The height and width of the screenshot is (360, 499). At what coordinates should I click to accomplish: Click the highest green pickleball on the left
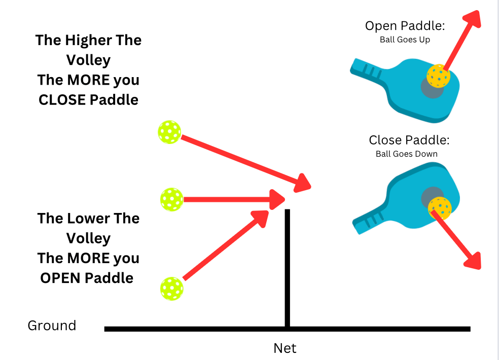coord(169,132)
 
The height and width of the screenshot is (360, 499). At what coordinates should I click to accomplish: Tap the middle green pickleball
coord(171,199)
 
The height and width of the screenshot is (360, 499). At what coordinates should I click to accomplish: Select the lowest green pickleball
coord(171,288)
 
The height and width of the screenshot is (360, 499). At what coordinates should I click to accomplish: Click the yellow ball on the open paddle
coord(438,76)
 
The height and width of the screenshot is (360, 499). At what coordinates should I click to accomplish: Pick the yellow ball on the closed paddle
coord(440,208)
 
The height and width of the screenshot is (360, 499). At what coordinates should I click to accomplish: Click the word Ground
coord(52,326)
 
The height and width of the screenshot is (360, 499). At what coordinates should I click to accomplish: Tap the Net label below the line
coord(284,348)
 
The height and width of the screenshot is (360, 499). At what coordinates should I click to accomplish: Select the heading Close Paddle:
coord(409,140)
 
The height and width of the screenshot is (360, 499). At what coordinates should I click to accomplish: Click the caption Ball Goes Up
coord(405,40)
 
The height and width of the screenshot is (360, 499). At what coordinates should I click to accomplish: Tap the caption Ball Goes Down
coord(407,154)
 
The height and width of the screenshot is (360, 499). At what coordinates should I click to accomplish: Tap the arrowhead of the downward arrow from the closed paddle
coord(473,261)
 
